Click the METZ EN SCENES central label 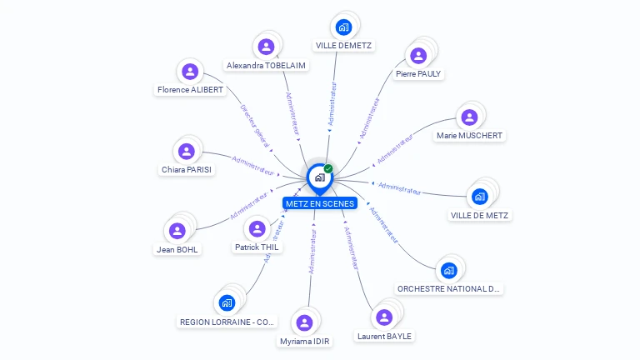coord(319,203)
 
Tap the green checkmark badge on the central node coord(328,169)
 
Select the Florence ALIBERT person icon coord(190,72)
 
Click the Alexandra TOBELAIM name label coord(266,65)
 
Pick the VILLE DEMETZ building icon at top coord(343,27)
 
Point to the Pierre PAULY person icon coord(418,55)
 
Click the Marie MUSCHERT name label coord(470,135)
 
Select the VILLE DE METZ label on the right coord(480,215)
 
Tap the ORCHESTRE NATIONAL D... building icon coord(449,270)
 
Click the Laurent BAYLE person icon coord(383,317)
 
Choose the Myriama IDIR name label coord(306,341)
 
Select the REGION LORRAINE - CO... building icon coord(227,302)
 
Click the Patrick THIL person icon coord(257,228)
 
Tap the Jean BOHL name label coord(177,249)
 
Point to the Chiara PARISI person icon coord(187,151)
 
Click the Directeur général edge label coord(254,125)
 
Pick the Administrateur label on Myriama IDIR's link coord(312,252)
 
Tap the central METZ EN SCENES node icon coord(318,177)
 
